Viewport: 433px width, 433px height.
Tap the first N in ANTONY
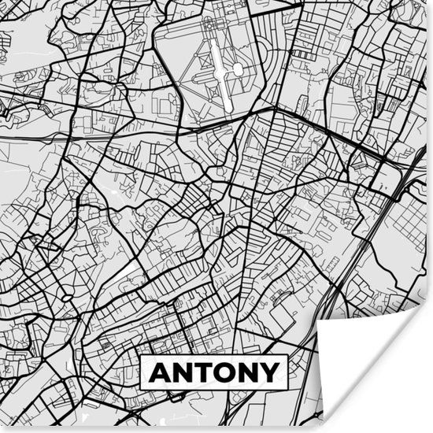[x=184, y=372]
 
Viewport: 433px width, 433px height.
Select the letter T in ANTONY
[x=205, y=372]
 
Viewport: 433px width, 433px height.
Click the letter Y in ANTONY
[x=270, y=372]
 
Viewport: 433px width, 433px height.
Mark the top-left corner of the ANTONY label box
[x=142, y=355]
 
